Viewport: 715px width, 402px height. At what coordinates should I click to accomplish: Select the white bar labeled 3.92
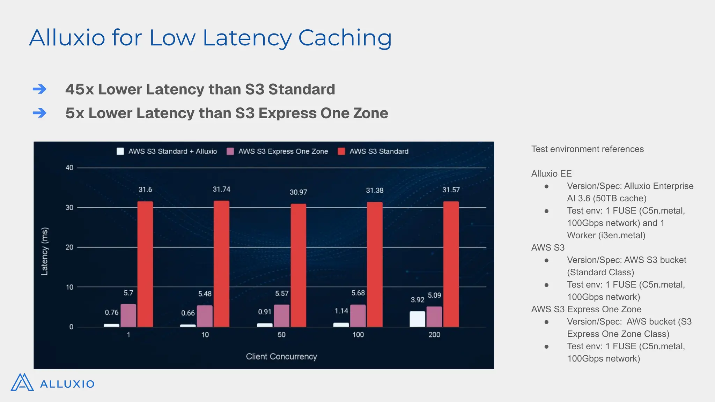(x=417, y=319)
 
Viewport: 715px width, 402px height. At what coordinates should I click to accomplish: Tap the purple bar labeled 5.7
(x=128, y=315)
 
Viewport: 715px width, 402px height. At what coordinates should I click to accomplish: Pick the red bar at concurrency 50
(x=298, y=265)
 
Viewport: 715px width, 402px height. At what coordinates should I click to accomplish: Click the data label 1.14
(x=341, y=311)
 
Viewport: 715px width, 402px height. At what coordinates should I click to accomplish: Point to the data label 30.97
(x=298, y=192)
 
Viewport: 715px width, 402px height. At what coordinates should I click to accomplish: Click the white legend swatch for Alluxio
(x=120, y=151)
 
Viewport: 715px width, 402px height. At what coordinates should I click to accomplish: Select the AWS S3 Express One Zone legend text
(x=283, y=151)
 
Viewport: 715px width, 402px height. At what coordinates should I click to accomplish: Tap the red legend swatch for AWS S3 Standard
(x=341, y=151)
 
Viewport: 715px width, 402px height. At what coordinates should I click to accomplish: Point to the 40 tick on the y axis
(x=69, y=168)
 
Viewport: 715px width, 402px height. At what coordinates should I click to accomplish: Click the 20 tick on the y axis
(x=69, y=247)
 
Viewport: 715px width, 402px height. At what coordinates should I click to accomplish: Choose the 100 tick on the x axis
(x=358, y=335)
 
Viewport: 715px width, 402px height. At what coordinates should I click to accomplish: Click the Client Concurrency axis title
(x=281, y=357)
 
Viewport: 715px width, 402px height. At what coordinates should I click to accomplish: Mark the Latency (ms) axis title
(x=45, y=251)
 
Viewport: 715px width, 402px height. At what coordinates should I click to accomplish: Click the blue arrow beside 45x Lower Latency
(x=39, y=89)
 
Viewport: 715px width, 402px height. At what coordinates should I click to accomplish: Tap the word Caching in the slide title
(x=345, y=38)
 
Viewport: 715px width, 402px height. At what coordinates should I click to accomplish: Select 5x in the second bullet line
(x=75, y=113)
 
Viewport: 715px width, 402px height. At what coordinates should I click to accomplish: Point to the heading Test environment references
(x=587, y=149)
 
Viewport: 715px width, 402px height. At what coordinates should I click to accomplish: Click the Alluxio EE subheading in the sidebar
(x=551, y=174)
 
